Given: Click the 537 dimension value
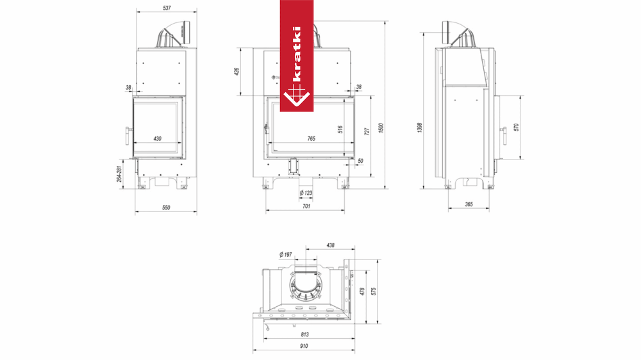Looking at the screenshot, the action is (167, 8).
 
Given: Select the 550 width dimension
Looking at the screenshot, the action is (166, 208).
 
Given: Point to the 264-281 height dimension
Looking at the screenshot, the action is (119, 174).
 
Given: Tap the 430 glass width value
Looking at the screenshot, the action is (158, 138).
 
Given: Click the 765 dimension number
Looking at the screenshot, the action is (311, 138).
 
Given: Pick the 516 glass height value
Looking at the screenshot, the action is (340, 129).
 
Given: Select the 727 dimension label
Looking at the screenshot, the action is (367, 131).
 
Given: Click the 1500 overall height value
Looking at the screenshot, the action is (381, 128).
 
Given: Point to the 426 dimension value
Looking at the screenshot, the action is (236, 72).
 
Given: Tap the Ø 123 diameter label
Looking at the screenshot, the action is (306, 193).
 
